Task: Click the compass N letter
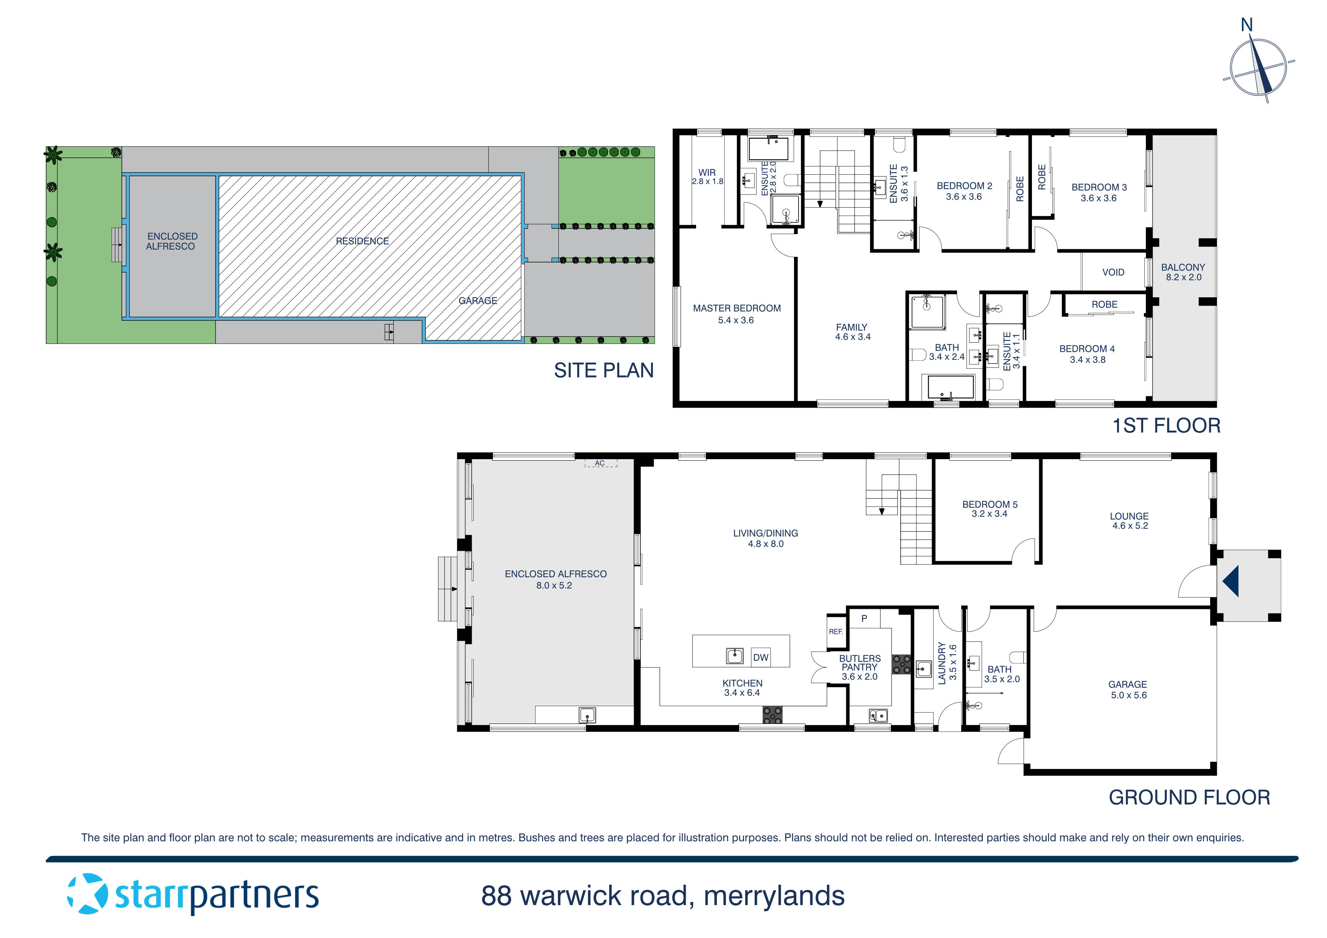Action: [1247, 25]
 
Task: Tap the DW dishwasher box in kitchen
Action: [761, 657]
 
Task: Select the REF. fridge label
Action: [836, 632]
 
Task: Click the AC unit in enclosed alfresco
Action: [600, 463]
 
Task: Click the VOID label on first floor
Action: [1113, 272]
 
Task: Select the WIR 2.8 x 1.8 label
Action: [707, 176]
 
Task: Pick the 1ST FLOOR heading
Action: [1166, 426]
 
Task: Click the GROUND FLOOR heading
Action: [1189, 798]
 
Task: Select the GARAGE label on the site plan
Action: [477, 301]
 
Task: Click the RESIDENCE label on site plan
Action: [362, 241]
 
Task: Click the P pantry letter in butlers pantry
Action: [864, 618]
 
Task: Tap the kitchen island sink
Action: [734, 656]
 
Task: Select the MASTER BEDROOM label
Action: [737, 309]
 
